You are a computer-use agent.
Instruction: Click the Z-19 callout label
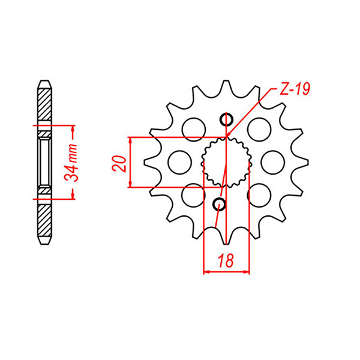click(295, 89)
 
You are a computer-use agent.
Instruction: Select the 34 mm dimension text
click(71, 163)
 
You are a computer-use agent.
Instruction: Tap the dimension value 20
click(119, 164)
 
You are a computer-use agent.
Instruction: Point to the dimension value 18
click(226, 260)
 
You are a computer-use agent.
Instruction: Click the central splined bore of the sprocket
click(226, 162)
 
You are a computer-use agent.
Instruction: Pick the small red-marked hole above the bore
click(227, 119)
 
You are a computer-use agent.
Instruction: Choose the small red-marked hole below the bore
click(220, 204)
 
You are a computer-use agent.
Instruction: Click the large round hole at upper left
click(194, 130)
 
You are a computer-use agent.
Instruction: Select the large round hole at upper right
click(259, 130)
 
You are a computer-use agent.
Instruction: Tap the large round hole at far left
click(180, 163)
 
